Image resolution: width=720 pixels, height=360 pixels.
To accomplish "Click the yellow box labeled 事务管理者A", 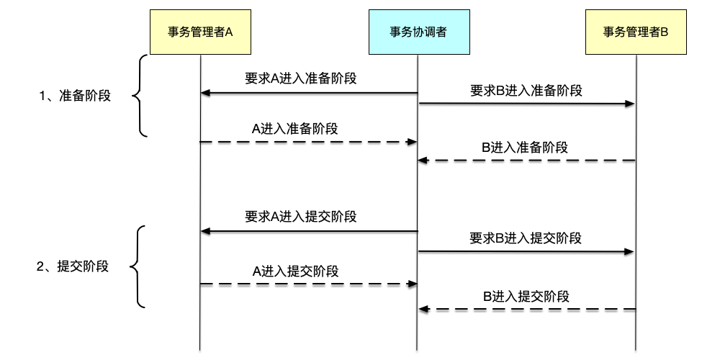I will point(199,32).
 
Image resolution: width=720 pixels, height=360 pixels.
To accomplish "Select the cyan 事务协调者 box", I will point(418,32).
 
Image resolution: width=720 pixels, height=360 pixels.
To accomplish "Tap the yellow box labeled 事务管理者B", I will point(636,32).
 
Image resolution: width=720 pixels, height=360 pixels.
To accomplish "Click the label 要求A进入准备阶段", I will point(301,78).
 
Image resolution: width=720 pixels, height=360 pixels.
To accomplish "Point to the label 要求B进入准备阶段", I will point(526,91).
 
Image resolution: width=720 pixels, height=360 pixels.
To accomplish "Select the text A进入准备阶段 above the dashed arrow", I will point(295,128).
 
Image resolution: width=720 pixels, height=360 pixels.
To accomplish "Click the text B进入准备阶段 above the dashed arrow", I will point(525,148).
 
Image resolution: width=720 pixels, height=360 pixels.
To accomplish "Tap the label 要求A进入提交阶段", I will point(301,216).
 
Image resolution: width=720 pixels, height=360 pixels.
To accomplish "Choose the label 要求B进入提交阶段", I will point(526,238).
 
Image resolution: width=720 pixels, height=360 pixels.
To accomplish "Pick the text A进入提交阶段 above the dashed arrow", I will point(296,271).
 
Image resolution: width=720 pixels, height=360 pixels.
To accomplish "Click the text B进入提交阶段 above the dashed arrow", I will point(526,295).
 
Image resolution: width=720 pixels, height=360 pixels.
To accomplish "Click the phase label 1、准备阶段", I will point(75,95).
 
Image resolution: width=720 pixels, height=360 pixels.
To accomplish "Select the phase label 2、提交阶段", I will point(73,266).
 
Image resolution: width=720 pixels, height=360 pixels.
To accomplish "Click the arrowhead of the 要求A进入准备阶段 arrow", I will point(205,93).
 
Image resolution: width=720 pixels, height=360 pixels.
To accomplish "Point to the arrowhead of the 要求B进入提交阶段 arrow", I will point(629,251).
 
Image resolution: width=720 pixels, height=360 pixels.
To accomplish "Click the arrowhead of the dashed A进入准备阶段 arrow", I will point(413,142).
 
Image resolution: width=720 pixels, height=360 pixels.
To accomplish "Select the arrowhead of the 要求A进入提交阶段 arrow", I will point(205,231).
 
